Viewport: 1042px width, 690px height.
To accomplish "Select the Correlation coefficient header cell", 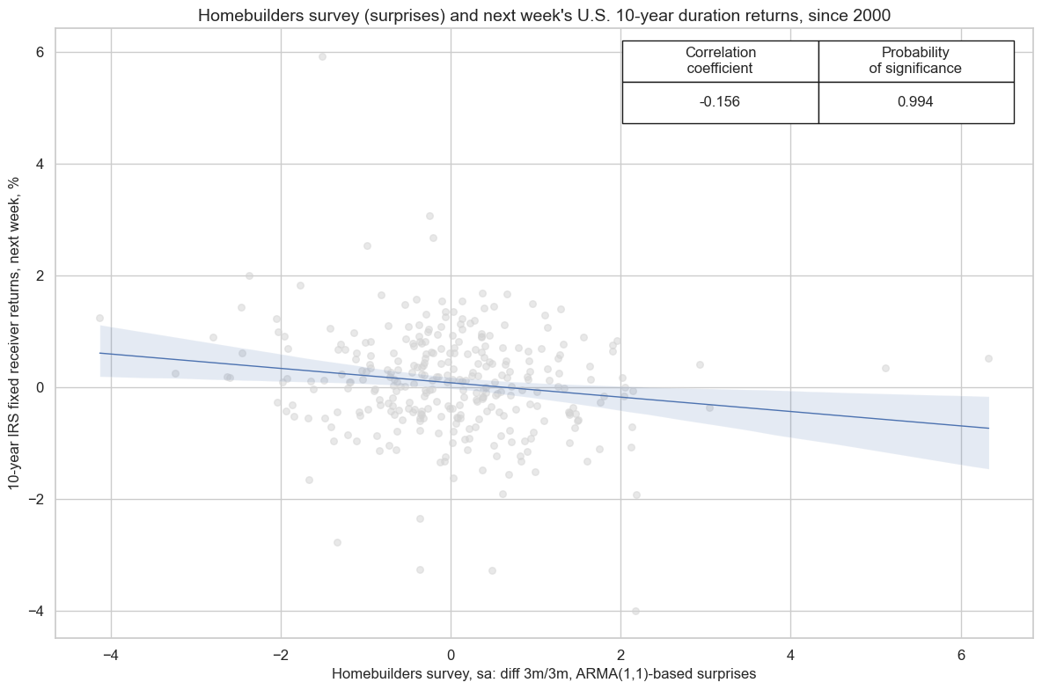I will [720, 60].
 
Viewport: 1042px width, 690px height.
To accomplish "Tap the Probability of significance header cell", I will [915, 60].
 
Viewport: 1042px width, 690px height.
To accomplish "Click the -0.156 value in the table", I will [720, 101].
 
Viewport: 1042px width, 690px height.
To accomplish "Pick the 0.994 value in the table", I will [915, 101].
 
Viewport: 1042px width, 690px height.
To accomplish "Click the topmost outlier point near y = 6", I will [322, 56].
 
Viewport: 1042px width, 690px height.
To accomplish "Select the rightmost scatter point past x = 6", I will [988, 358].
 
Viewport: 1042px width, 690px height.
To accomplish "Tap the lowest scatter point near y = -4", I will [635, 611].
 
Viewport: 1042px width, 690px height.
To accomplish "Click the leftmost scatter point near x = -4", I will [99, 318].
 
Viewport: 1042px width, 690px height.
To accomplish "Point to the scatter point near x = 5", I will [885, 368].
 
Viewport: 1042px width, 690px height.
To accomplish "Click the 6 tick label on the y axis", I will [40, 52].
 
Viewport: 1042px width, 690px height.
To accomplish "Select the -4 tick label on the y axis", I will [36, 611].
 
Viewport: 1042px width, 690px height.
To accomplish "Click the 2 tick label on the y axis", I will [40, 275].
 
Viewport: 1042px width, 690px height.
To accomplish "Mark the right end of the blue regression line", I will [988, 428].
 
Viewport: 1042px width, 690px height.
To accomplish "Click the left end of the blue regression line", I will [100, 353].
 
